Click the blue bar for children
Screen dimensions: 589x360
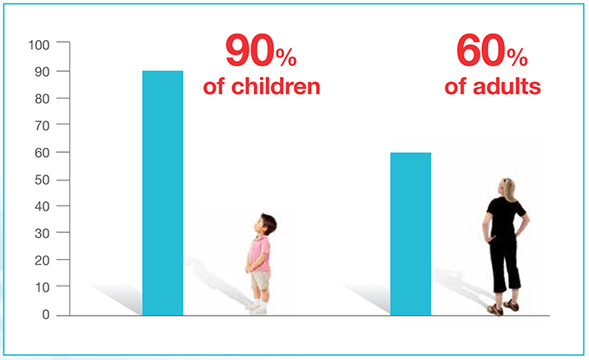coord(163,193)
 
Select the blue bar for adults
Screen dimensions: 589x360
coord(410,234)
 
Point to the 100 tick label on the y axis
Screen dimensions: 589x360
coord(39,45)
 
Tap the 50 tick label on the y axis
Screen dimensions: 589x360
coord(42,180)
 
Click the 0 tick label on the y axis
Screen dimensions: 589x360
coord(46,315)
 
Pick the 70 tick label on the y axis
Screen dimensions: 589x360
coord(42,126)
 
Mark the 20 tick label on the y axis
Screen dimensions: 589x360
coord(42,261)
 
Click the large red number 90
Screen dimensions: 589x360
coord(250,51)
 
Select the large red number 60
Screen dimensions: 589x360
coord(481,51)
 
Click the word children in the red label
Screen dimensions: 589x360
coord(276,87)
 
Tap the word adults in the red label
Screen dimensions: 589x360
coord(507,87)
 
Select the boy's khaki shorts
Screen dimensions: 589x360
coord(261,280)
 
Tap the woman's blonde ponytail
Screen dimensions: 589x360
coord(509,189)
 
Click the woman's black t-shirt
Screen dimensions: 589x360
coord(504,217)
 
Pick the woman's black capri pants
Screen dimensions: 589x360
coord(505,263)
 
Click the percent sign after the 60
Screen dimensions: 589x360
coord(517,58)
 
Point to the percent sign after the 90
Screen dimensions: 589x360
coord(287,58)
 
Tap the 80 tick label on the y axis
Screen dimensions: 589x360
coord(42,99)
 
